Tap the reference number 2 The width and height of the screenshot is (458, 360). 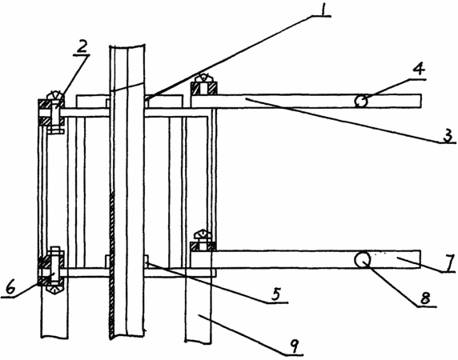tap(82, 46)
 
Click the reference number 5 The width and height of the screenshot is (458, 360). tap(276, 294)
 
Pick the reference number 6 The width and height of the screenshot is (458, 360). tap(10, 288)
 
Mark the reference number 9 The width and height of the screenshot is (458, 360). tap(295, 346)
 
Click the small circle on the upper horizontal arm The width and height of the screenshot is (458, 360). tap(361, 102)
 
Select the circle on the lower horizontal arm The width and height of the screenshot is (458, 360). tap(362, 259)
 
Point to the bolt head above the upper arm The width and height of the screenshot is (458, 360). tap(204, 78)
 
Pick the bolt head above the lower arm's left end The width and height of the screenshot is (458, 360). tap(203, 234)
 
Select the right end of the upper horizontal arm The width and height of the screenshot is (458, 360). tap(420, 101)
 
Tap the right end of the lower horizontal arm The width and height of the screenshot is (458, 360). tap(420, 259)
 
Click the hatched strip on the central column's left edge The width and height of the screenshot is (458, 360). tap(111, 264)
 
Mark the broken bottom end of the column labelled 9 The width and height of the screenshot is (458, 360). tap(198, 342)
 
